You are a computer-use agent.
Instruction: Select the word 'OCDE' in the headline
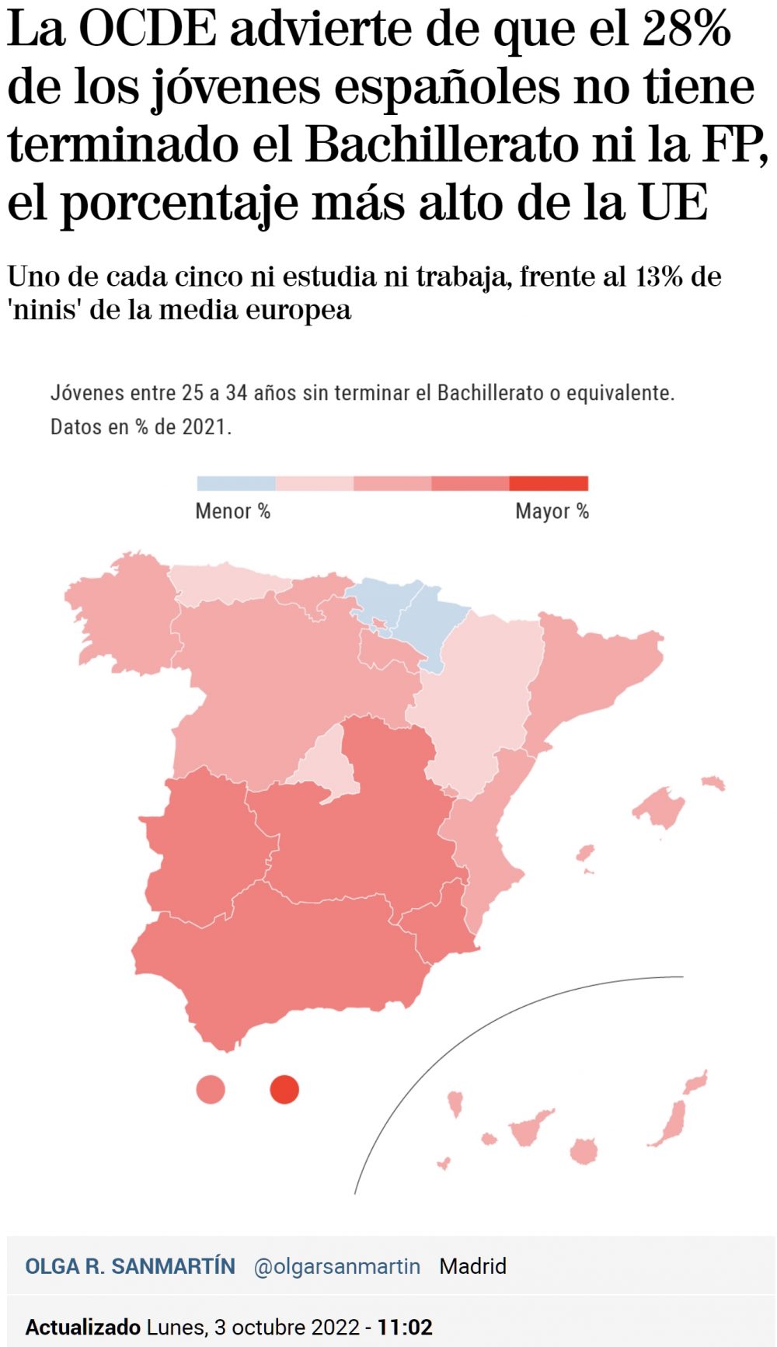148,29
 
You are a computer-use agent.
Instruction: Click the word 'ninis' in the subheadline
46,310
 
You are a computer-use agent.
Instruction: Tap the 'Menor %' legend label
232,511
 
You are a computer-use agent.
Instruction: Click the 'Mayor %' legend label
552,511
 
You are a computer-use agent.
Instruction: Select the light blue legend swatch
236,483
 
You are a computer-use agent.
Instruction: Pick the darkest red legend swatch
549,483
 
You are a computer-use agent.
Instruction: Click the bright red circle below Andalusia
284,1089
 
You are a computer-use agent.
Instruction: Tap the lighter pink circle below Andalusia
211,1089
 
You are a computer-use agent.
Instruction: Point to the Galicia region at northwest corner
117,614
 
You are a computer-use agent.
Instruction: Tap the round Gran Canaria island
584,1151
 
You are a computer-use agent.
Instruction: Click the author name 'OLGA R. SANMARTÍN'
130,1266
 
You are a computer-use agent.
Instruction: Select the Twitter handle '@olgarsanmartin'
336,1266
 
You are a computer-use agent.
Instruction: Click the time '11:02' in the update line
405,1327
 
